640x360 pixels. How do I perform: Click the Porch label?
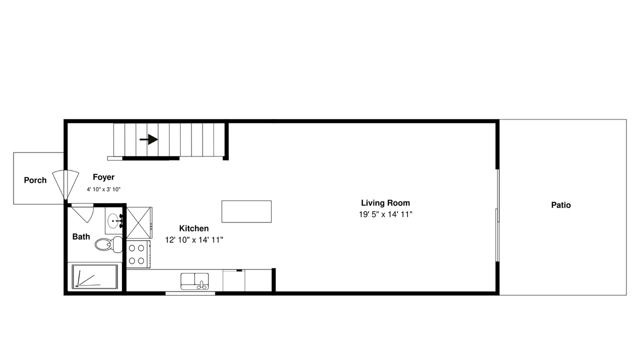pyautogui.click(x=35, y=180)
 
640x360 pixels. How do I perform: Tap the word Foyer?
pyautogui.click(x=103, y=177)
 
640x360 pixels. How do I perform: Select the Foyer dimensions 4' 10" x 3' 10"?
pyautogui.click(x=103, y=189)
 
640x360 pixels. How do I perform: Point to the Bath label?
pyautogui.click(x=81, y=236)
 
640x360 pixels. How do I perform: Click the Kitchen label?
pyautogui.click(x=194, y=228)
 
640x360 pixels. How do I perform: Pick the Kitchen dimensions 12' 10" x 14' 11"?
pyautogui.click(x=194, y=240)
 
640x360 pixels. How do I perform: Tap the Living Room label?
pyautogui.click(x=385, y=203)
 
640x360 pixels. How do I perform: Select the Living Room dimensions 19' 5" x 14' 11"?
pyautogui.click(x=385, y=214)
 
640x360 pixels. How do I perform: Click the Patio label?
pyautogui.click(x=561, y=205)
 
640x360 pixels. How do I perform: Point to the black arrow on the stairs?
pyautogui.click(x=149, y=139)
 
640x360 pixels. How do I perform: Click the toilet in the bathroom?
pyautogui.click(x=108, y=244)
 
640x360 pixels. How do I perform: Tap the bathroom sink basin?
pyautogui.click(x=114, y=221)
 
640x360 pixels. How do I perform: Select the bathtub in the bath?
pyautogui.click(x=95, y=276)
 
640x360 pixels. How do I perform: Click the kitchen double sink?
pyautogui.click(x=194, y=281)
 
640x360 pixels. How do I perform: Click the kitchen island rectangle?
pyautogui.click(x=246, y=211)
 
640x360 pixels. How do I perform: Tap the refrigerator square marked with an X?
pyautogui.click(x=139, y=223)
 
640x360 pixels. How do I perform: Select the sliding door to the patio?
pyautogui.click(x=497, y=215)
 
